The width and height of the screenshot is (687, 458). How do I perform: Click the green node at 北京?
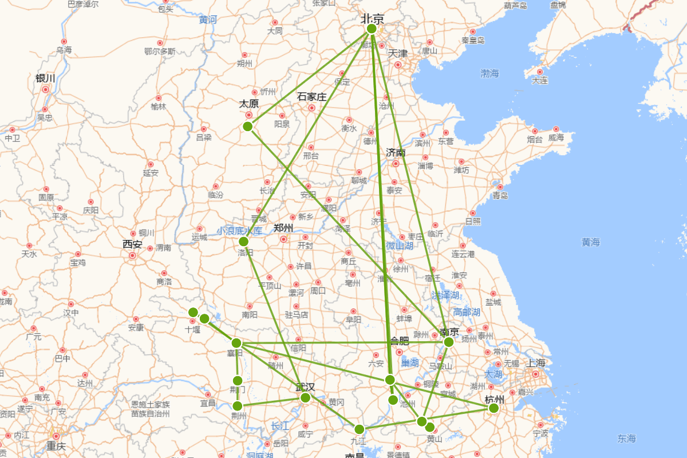(x=372, y=29)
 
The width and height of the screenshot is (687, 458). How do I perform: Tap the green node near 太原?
(x=247, y=126)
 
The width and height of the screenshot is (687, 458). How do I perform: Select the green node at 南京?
(x=448, y=342)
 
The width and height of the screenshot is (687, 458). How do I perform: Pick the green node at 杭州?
(x=493, y=408)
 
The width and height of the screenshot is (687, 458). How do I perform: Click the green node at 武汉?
(x=305, y=397)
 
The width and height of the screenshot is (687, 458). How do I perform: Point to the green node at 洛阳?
(x=243, y=241)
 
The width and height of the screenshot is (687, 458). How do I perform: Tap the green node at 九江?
(x=359, y=429)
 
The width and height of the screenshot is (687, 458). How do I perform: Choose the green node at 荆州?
(x=238, y=406)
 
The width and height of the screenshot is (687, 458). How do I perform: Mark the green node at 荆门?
(x=238, y=381)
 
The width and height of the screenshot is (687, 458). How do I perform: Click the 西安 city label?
(x=132, y=244)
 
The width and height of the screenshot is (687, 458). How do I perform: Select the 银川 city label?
(x=45, y=78)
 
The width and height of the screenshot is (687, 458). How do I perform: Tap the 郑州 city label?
(x=283, y=228)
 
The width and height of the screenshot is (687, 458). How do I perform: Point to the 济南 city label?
(x=396, y=153)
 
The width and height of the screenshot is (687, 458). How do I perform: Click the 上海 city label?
(x=536, y=363)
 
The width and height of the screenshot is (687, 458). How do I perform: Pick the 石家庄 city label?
(x=312, y=97)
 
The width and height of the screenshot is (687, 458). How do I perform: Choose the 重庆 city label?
(x=56, y=447)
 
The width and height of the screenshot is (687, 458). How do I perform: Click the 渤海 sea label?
(x=489, y=73)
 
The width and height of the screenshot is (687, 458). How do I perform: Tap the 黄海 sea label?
(x=590, y=242)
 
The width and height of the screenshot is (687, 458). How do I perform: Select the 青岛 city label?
(x=500, y=196)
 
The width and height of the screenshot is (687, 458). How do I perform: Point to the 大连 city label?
(x=539, y=81)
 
